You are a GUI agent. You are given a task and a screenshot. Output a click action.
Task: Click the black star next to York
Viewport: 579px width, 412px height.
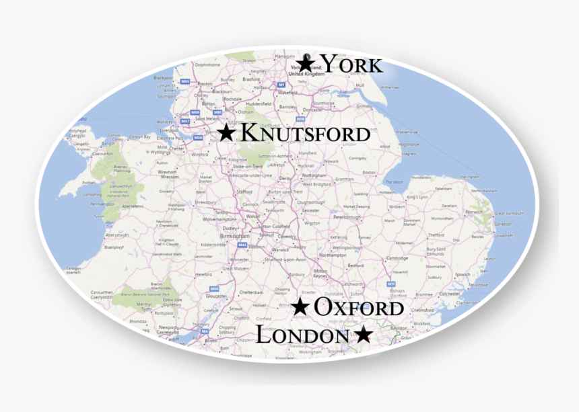pos(306,64)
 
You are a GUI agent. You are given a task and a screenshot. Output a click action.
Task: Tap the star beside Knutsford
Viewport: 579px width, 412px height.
pos(226,133)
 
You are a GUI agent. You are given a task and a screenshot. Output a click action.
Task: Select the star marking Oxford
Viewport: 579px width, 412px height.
pos(300,308)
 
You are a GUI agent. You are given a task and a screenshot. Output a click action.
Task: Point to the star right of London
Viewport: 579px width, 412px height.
pos(362,334)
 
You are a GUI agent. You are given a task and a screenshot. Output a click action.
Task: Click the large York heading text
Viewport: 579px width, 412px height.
pos(351,65)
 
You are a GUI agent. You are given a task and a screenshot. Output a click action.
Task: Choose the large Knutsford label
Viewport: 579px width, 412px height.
pos(305,133)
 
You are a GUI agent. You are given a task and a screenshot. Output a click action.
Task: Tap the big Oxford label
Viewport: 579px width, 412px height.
pos(359,308)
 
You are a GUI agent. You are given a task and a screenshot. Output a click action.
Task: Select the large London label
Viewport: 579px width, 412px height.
pos(302,335)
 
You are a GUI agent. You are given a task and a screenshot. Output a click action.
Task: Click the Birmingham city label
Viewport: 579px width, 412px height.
pos(236,237)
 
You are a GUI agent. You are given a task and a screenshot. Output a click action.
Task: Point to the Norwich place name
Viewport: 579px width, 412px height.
pos(474,212)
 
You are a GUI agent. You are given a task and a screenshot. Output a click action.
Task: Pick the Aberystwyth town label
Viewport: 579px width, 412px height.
pos(116,235)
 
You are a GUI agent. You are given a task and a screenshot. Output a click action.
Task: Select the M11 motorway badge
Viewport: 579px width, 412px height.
pos(391,284)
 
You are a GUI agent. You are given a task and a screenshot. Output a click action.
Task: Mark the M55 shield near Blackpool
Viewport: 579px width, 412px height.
pos(184,81)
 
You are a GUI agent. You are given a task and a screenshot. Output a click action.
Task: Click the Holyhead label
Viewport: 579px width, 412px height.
pos(78,130)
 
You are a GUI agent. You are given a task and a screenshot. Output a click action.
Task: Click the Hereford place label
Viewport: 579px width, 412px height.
pos(203,274)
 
